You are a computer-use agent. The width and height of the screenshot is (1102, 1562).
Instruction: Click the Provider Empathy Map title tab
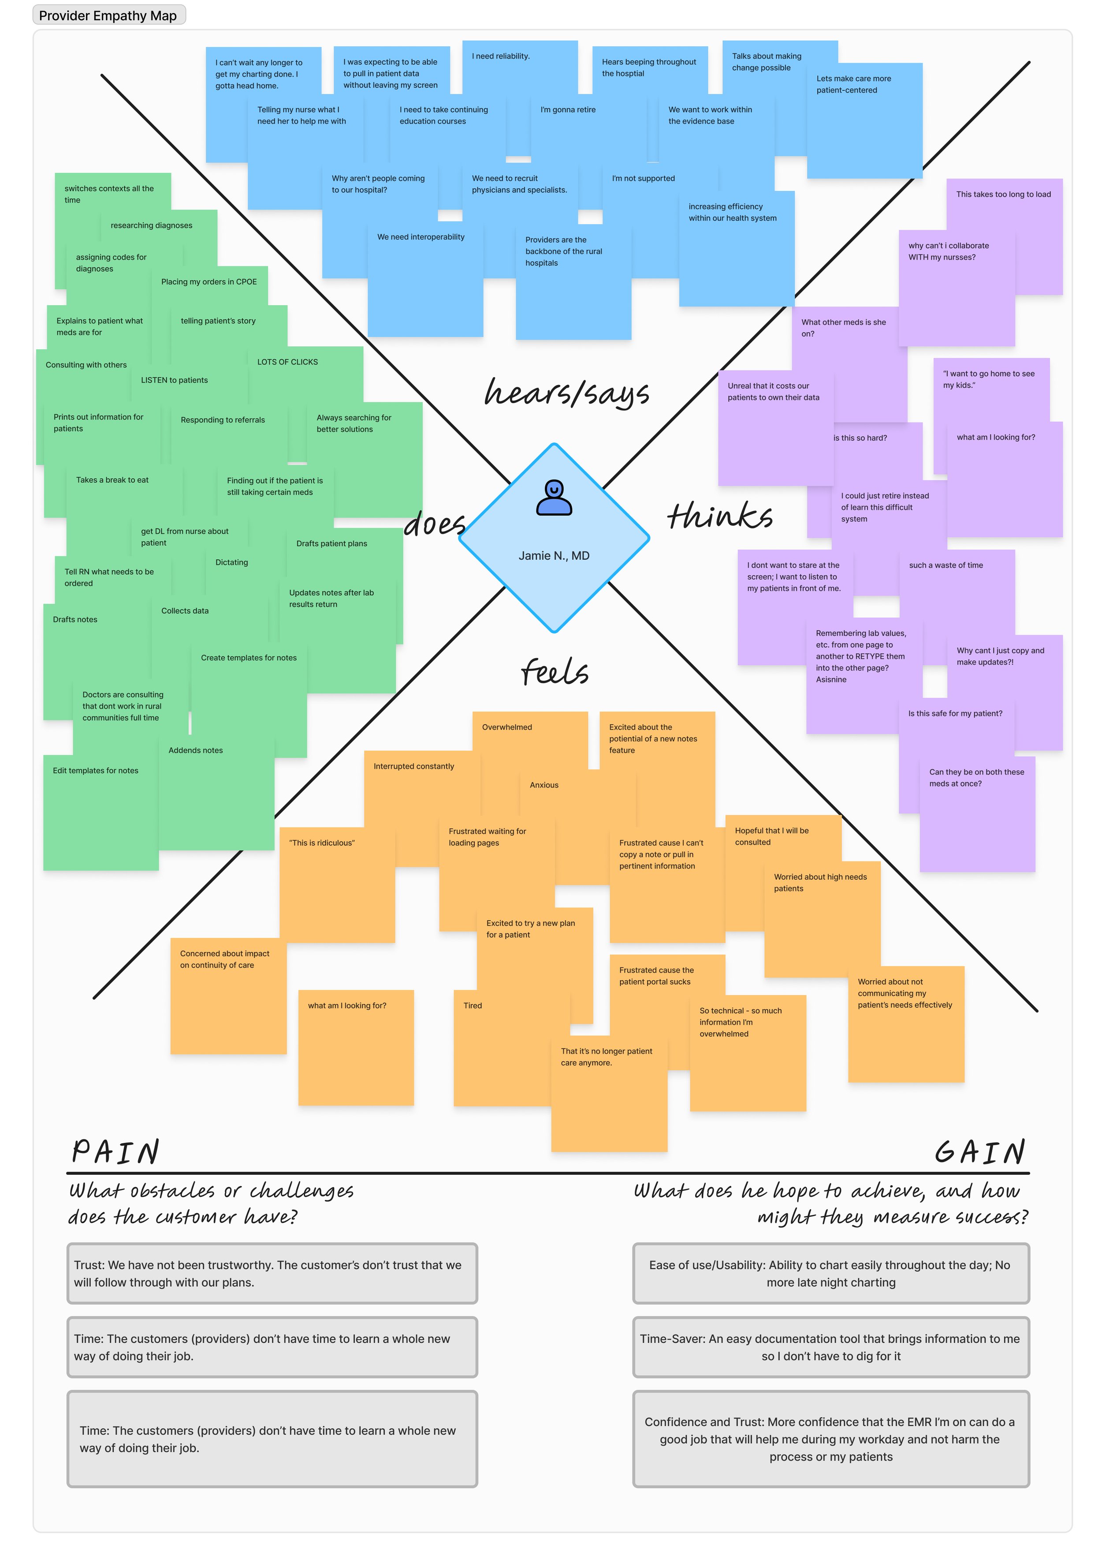click(108, 15)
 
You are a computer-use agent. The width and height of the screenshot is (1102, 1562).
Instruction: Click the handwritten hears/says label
click(566, 393)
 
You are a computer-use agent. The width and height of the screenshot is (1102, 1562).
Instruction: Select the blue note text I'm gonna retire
click(568, 109)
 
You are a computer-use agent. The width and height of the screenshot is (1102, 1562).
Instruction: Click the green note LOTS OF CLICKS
click(287, 362)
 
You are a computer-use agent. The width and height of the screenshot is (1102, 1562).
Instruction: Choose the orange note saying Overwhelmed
click(507, 727)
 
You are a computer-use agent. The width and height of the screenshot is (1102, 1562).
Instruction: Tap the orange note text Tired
click(473, 1005)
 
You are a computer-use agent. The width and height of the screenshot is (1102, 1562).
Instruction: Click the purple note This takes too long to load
click(1003, 195)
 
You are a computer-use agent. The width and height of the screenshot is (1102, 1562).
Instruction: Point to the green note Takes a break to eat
click(112, 480)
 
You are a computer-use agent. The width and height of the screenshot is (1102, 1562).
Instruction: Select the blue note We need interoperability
click(421, 237)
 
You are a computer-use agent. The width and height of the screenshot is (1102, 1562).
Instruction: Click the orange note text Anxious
click(544, 785)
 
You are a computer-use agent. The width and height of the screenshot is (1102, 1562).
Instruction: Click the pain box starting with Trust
click(272, 1274)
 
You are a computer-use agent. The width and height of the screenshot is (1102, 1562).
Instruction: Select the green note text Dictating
click(232, 562)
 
